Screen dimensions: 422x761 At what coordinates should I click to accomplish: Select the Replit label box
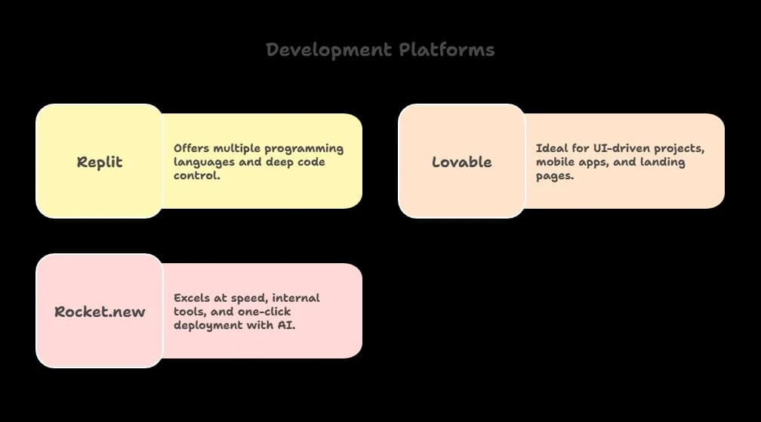pyautogui.click(x=100, y=162)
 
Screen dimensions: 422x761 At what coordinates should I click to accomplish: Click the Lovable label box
pyautogui.click(x=461, y=162)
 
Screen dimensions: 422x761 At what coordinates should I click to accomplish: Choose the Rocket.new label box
pyautogui.click(x=100, y=312)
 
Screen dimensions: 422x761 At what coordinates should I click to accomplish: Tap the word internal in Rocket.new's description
pyautogui.click(x=295, y=298)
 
